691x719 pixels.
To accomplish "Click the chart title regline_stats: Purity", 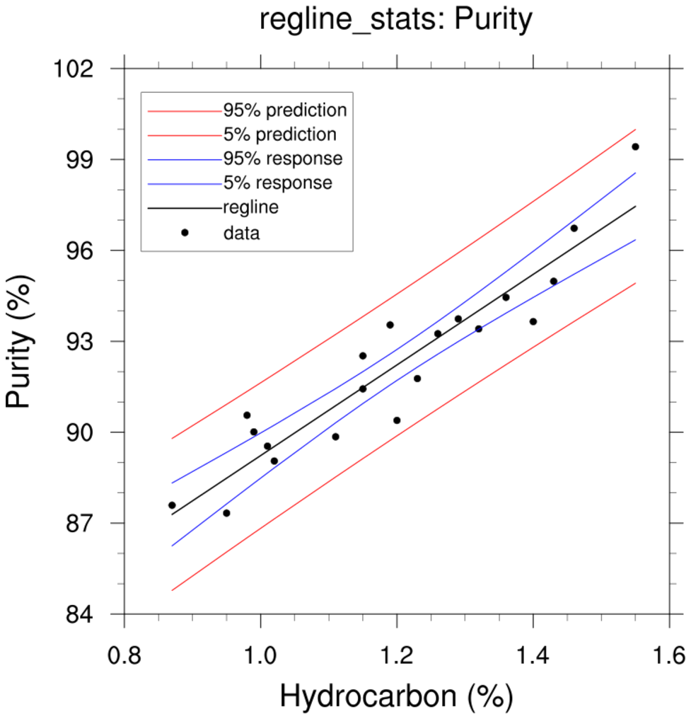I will [395, 21].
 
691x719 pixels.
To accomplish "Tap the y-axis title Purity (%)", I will [19, 362].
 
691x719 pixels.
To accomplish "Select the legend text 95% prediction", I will [285, 110].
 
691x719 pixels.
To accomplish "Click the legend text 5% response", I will [277, 183].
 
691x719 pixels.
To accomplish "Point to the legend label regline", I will [250, 207].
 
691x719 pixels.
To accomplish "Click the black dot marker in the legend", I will [185, 232].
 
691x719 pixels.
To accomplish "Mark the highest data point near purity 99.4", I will [635, 146].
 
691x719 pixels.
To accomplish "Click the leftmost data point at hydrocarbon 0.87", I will [172, 505].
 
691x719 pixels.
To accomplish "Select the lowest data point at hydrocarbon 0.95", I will [226, 513].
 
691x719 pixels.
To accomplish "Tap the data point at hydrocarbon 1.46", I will [574, 228].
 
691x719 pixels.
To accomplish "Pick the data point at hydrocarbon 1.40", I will [533, 321].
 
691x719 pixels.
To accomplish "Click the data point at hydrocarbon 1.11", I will [335, 437].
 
